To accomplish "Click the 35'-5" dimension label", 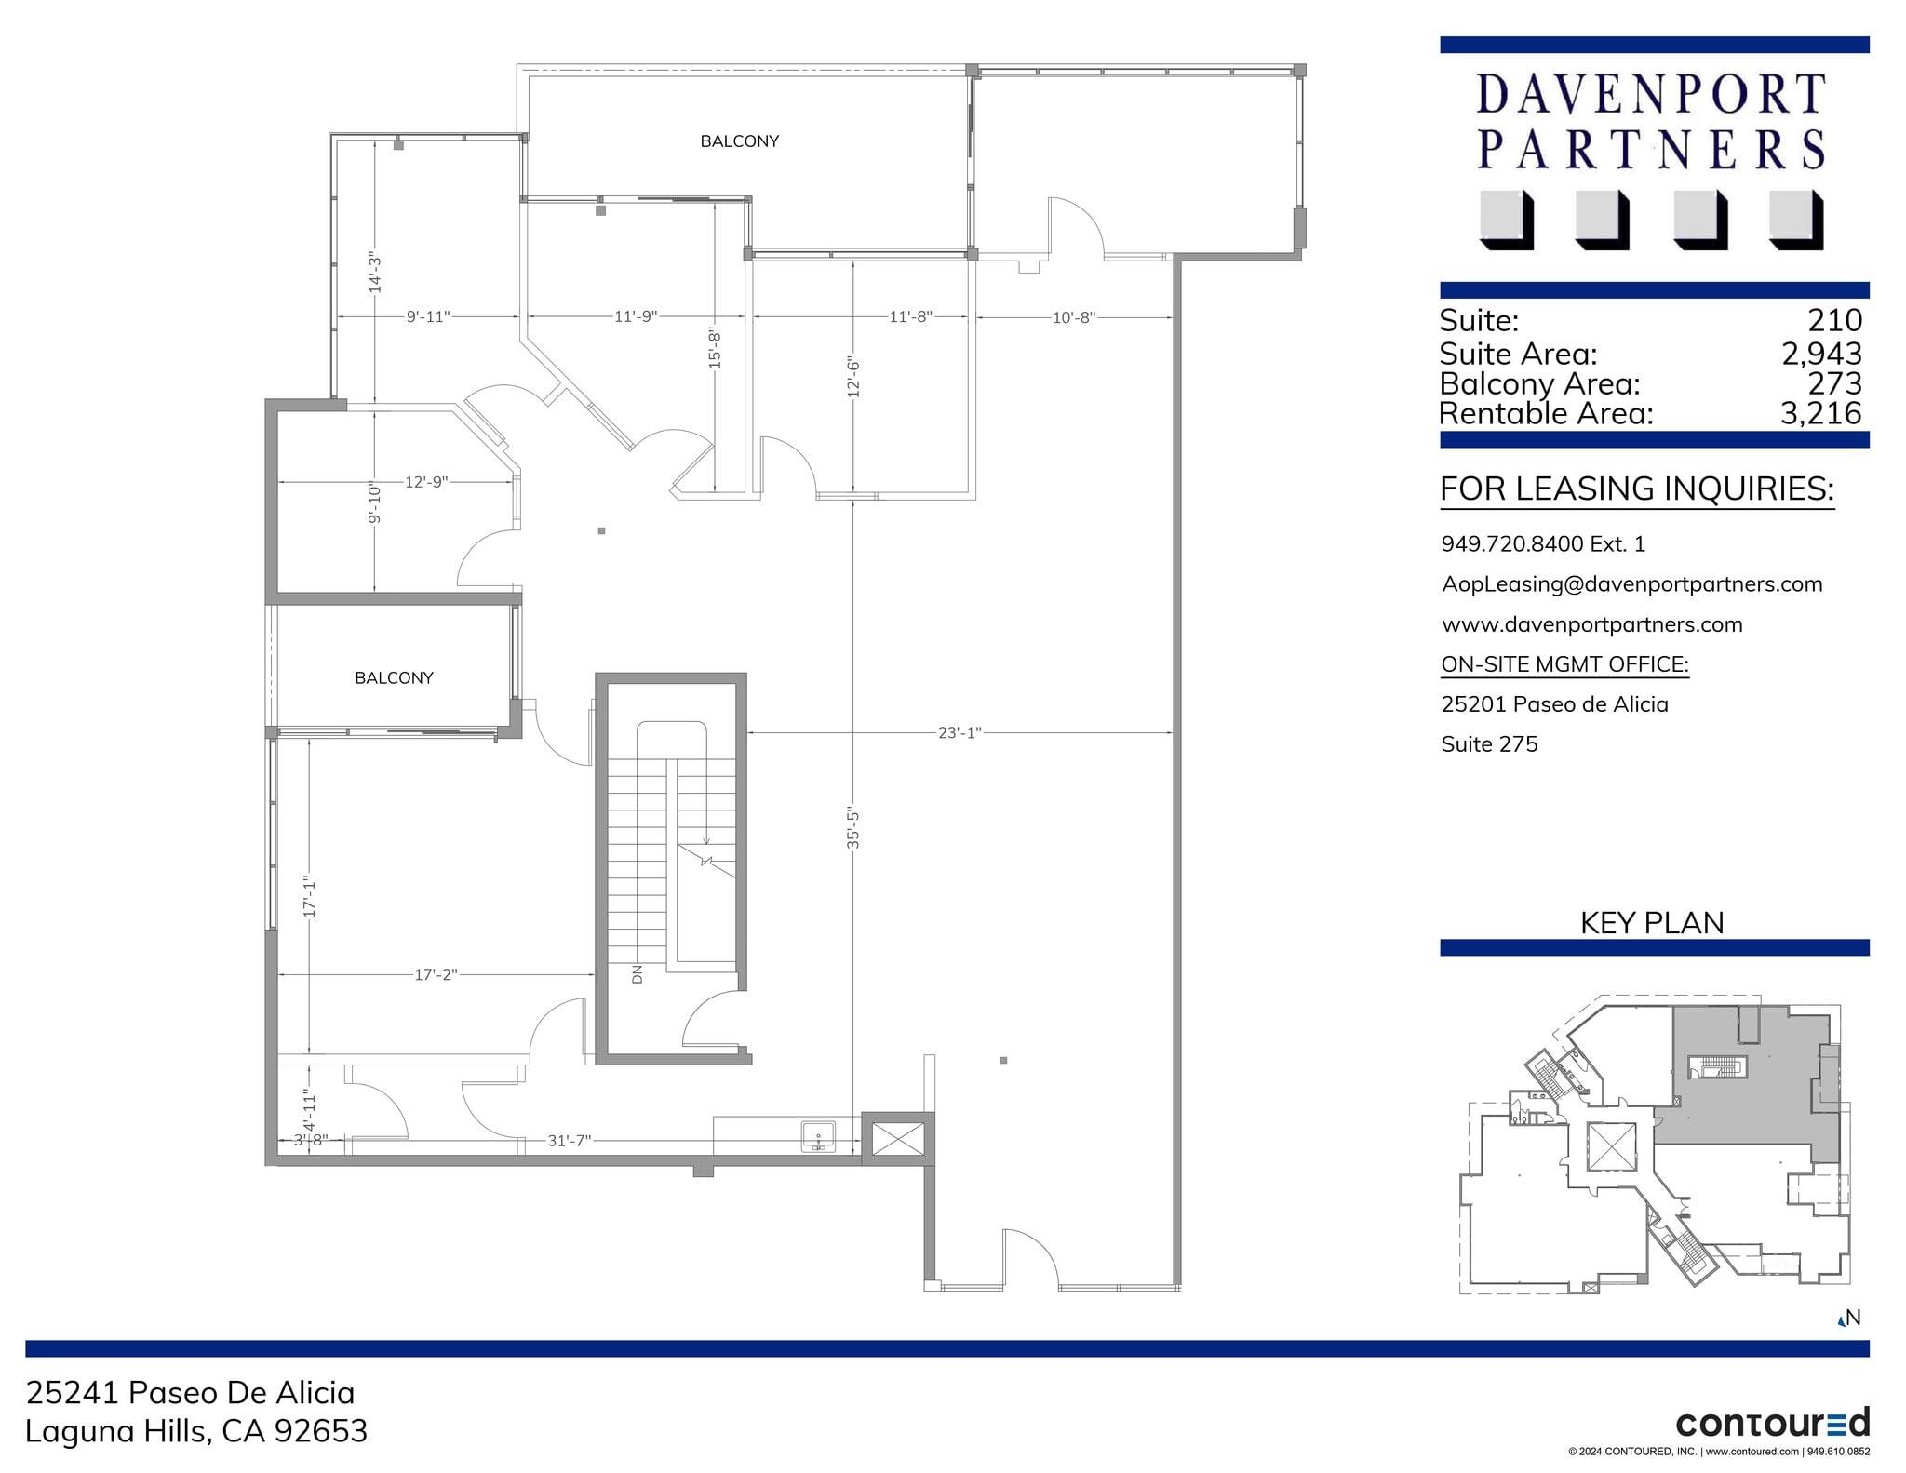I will coord(853,827).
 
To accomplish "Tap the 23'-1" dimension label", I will coord(959,733).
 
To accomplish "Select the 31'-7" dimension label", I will coord(569,1140).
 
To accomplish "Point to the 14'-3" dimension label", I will coord(375,273).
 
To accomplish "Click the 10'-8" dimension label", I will coord(1073,317).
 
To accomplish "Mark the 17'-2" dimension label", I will coord(436,974).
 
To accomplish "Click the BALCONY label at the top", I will coord(739,141).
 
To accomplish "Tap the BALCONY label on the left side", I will coord(394,677).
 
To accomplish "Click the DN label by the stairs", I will coord(638,973).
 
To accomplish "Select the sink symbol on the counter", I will coord(819,1136).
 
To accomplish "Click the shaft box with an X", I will coord(896,1138).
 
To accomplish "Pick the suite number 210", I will coord(1834,320).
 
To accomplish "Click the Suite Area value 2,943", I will coord(1821,354).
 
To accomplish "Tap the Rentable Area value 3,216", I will coord(1820,413).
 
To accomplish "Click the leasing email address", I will coord(1631,584).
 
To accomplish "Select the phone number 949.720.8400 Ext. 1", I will coord(1543,543).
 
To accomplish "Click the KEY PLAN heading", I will coord(1652,922).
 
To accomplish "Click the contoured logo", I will coord(1772,1423).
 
